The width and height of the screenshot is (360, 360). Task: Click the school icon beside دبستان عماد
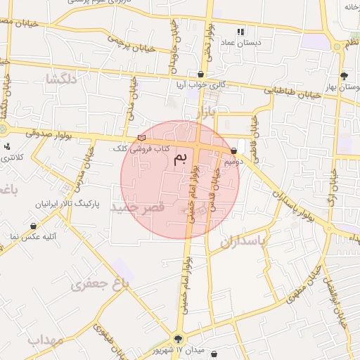(x=240, y=32)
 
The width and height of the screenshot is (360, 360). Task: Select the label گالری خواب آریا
(x=203, y=84)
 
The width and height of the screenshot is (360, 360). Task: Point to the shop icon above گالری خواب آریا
(x=202, y=73)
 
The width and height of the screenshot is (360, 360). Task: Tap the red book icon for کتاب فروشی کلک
(x=142, y=138)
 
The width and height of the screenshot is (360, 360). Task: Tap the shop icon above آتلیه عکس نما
(x=33, y=226)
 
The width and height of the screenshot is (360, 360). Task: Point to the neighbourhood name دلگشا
(x=59, y=79)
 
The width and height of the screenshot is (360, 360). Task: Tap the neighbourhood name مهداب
(x=46, y=340)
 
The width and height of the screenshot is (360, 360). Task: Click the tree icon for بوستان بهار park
(x=343, y=76)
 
